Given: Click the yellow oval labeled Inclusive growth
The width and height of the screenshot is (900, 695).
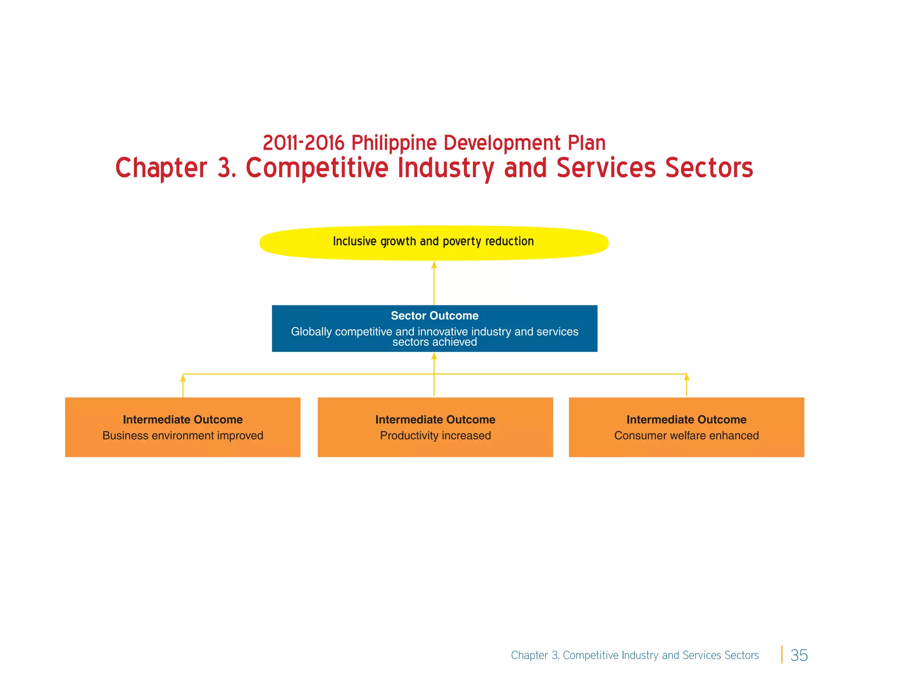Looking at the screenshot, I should pos(434,243).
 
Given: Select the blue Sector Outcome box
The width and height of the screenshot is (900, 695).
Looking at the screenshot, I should pos(434,328).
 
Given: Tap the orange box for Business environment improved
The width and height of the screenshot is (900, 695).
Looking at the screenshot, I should pos(182,427).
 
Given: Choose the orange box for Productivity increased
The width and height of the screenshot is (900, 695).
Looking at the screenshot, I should pos(435,427).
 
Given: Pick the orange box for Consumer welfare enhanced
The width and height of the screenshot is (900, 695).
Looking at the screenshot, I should pos(686,427).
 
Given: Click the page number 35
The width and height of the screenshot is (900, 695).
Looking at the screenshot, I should pos(799,655).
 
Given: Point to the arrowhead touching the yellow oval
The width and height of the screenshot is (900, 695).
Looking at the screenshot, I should pos(434,265).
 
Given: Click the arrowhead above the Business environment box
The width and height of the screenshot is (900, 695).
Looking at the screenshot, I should pos(183,378).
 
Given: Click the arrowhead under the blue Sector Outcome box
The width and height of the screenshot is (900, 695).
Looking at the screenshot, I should pos(434,356).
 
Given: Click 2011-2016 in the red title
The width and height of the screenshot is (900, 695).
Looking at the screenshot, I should pos(303,143).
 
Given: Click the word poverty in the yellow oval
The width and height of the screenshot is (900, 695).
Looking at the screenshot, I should pos(462,242).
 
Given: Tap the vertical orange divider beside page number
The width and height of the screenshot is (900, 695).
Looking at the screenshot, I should pos(782,654).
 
